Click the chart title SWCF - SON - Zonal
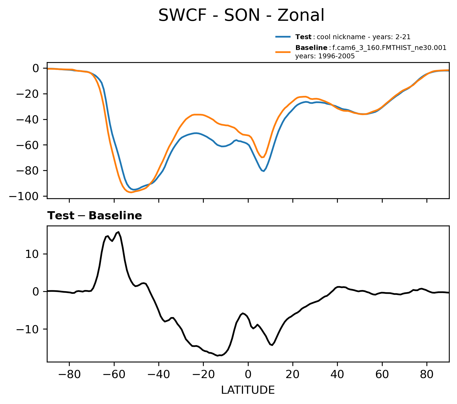pos(241,15)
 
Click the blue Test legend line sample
pos(283,37)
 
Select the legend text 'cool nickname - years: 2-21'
pos(363,37)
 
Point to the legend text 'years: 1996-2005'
pos(325,56)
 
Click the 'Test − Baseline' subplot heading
pos(95,216)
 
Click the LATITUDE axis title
pos(248,390)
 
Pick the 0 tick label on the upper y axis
pos(36,68)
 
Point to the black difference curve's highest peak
pos(118,232)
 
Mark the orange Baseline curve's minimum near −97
pos(131,192)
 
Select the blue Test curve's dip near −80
pos(263,171)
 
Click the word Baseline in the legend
pos(311,48)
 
